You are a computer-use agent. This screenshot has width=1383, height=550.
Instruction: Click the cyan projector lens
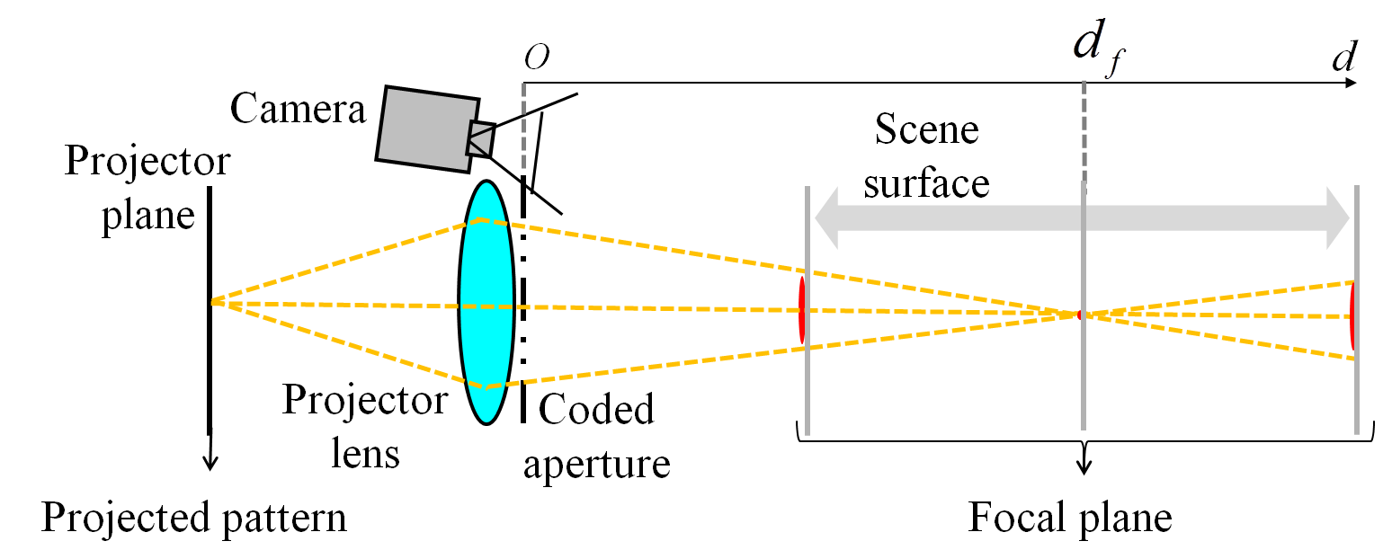click(486, 303)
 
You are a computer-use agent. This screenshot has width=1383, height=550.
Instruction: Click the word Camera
click(299, 109)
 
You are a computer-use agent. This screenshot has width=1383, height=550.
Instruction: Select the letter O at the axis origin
click(537, 58)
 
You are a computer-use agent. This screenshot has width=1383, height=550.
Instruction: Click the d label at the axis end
click(1344, 58)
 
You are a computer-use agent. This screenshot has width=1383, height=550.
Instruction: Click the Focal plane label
click(1070, 519)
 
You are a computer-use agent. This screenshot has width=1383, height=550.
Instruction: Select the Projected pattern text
click(195, 519)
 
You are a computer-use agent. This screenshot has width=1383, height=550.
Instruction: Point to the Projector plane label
click(147, 190)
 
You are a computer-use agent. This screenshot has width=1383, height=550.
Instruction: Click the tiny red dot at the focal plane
click(1080, 314)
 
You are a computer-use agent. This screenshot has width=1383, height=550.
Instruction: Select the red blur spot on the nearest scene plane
click(800, 309)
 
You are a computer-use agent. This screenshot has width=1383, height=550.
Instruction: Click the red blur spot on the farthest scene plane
click(1351, 315)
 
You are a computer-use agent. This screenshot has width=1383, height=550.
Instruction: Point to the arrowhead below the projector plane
click(210, 463)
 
